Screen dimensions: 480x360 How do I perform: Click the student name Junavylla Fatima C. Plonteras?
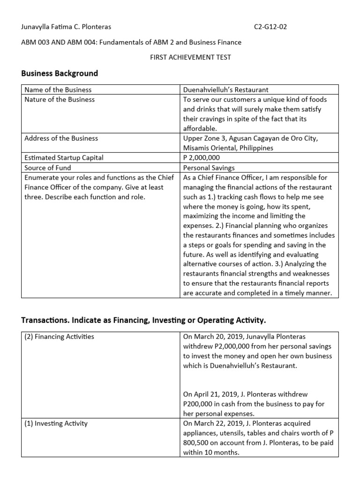tap(66, 27)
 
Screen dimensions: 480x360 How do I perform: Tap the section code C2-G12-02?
tap(270, 27)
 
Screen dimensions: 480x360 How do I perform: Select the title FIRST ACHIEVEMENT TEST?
tap(190, 58)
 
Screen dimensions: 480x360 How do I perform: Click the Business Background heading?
tap(60, 73)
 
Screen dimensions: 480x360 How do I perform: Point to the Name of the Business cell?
tap(58, 90)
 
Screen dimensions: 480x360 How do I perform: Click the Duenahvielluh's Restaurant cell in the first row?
tap(226, 90)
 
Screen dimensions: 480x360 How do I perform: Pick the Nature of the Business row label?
tap(59, 99)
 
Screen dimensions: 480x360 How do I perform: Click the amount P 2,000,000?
tap(202, 158)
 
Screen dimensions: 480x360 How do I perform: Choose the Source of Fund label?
tap(45, 167)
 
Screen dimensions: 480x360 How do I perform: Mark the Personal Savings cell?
tap(209, 167)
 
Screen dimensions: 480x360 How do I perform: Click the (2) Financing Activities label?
tap(59, 336)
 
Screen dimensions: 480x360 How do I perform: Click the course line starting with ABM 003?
tap(132, 42)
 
